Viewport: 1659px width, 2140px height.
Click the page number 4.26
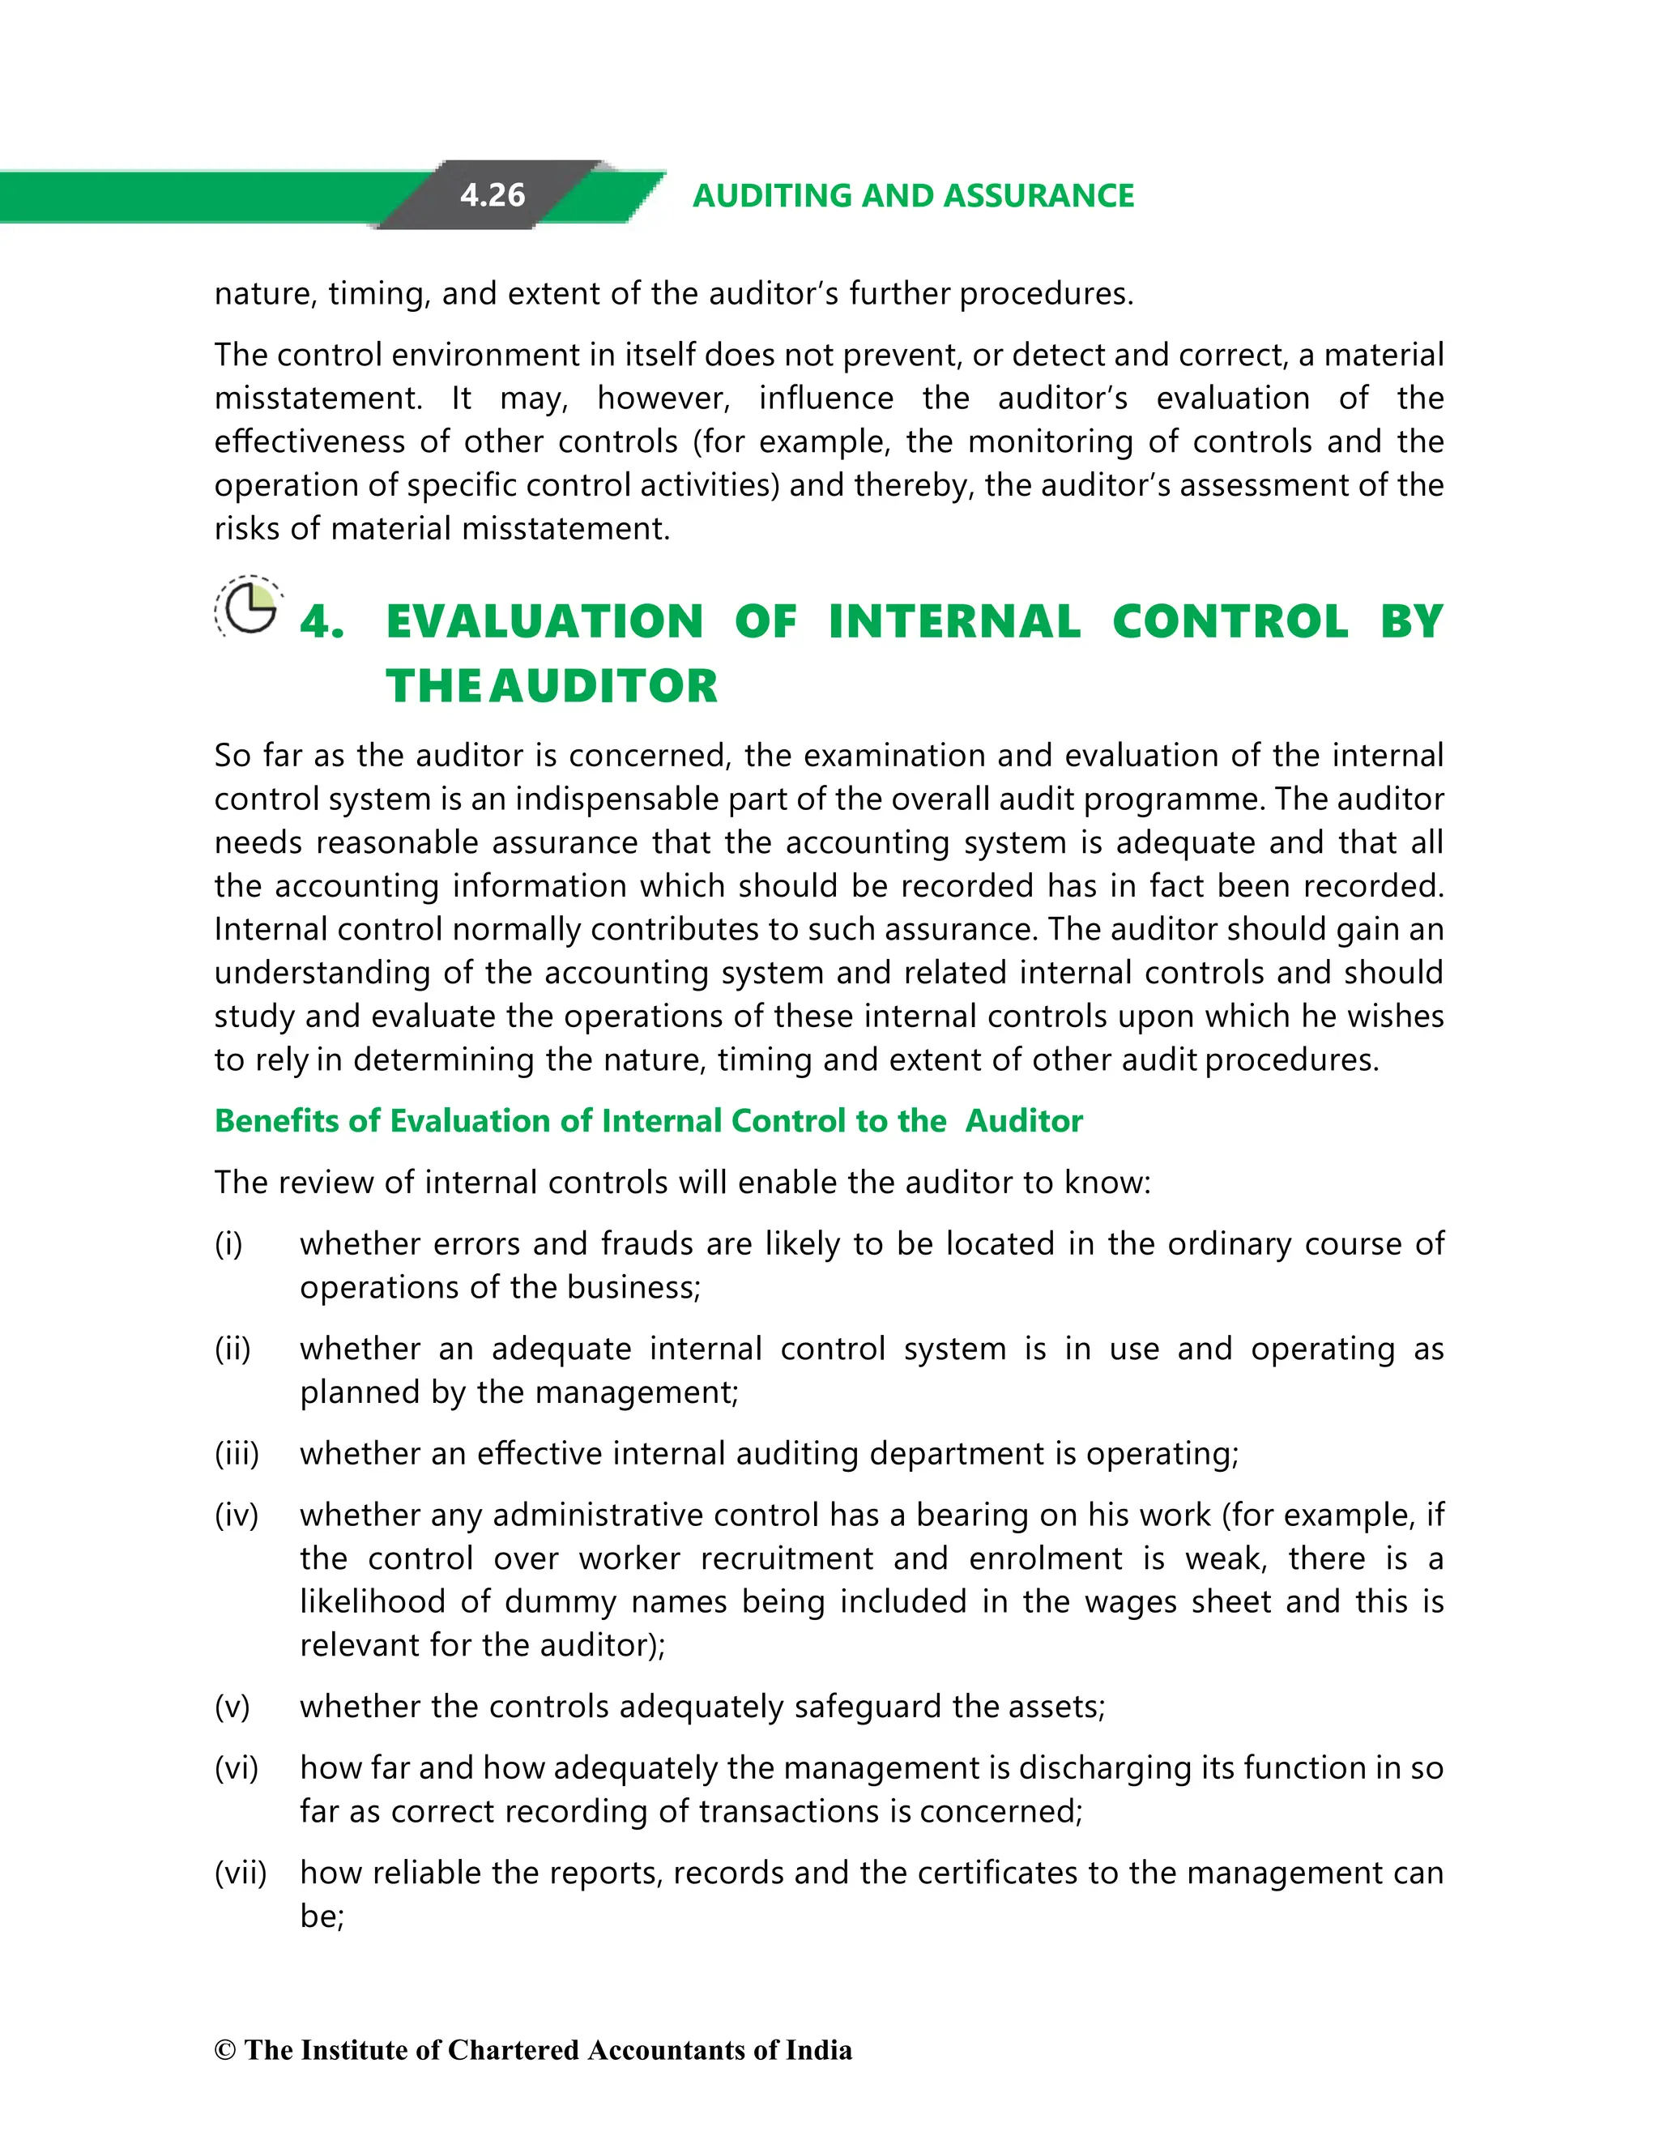[x=492, y=195]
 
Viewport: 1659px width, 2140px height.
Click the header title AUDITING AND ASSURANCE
[x=912, y=196]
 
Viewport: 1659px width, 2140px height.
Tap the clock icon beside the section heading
[x=249, y=607]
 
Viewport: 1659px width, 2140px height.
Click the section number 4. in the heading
[x=322, y=622]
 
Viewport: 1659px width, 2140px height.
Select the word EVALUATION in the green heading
[x=544, y=622]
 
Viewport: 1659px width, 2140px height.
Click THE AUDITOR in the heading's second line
[x=551, y=686]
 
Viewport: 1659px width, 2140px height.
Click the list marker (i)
[x=228, y=1243]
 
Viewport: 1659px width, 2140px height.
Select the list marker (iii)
[x=237, y=1453]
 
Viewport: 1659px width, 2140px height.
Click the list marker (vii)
[x=240, y=1873]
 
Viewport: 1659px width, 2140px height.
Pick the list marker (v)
[x=232, y=1706]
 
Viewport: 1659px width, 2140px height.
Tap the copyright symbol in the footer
[x=225, y=2050]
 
